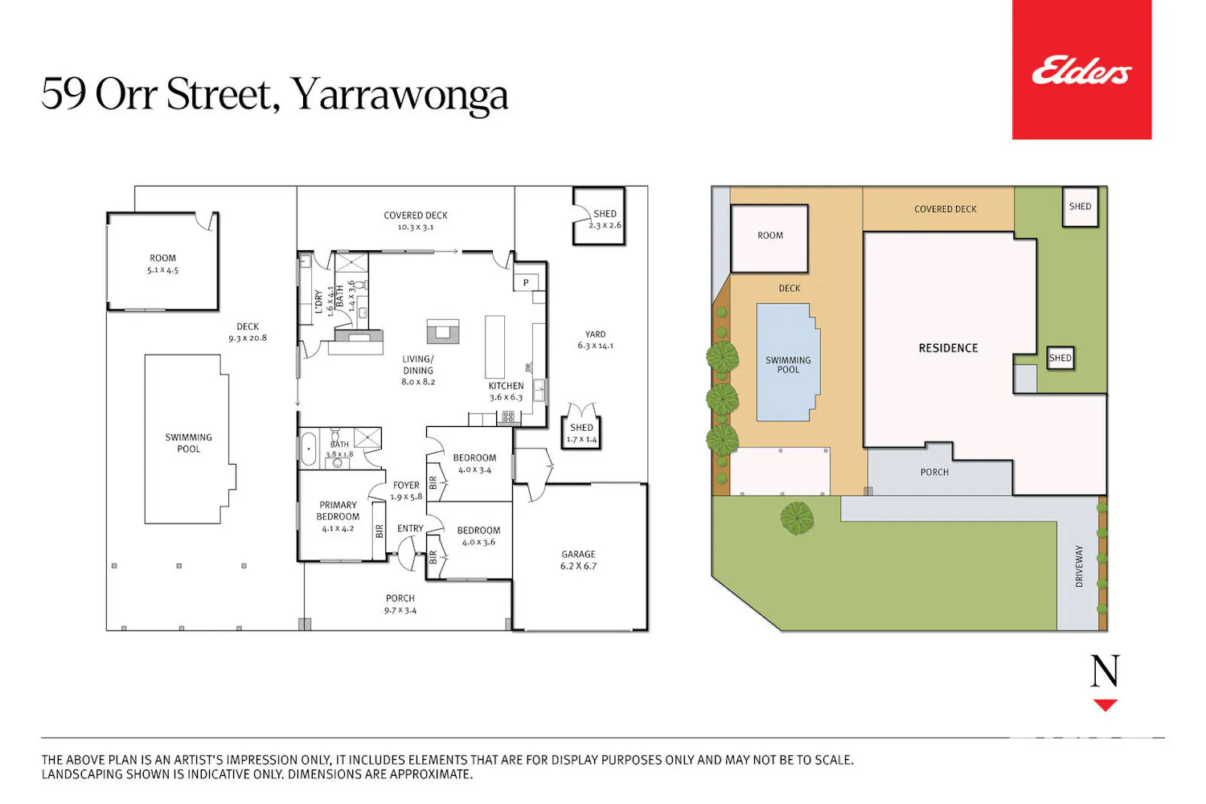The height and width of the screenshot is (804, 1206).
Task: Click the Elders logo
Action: pos(1081,70)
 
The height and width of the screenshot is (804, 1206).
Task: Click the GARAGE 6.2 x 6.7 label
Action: pos(579,560)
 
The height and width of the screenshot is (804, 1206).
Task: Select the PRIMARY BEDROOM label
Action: pos(338,511)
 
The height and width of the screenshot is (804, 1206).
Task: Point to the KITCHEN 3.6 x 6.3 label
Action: pos(506,392)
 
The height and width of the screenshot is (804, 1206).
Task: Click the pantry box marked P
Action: pos(526,282)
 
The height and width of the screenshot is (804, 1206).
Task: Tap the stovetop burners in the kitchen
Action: pos(507,416)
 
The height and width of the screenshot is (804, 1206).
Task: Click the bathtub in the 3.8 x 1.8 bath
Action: pos(309,448)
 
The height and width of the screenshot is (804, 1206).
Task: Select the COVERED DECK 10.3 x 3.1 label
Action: pos(416,221)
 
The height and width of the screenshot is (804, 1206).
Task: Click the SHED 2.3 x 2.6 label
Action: pos(605,219)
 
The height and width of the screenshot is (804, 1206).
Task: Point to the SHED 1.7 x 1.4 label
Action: pos(581,433)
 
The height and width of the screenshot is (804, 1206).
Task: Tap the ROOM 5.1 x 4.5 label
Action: pos(162,264)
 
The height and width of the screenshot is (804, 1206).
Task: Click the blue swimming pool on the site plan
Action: pos(788,363)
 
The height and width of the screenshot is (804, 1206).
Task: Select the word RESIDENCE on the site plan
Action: pos(948,348)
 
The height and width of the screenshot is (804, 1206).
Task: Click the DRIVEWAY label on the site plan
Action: pos(1079,566)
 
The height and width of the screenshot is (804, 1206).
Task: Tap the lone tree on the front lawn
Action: pos(797,518)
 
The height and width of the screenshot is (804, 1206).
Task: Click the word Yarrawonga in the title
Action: pos(400,95)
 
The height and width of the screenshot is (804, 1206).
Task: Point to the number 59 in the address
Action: pos(63,94)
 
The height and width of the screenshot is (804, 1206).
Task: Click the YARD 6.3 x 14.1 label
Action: pos(596,340)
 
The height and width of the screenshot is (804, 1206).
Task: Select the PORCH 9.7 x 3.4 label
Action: pos(400,605)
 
